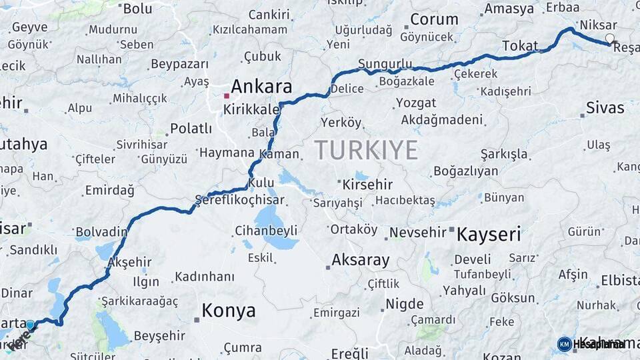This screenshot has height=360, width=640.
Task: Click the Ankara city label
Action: tap(261, 87)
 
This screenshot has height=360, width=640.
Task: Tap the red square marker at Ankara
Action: tap(227, 95)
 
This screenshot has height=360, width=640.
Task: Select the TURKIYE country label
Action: tap(366, 150)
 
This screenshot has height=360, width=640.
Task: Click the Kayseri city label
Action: tap(488, 234)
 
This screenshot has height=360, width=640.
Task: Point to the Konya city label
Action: tap(228, 311)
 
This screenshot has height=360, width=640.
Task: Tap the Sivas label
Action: tap(605, 108)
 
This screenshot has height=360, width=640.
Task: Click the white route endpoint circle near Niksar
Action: tap(609, 39)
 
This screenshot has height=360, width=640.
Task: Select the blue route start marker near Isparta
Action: tap(30, 325)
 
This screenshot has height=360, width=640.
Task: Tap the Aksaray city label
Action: tap(360, 260)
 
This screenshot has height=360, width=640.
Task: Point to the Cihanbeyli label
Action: tap(265, 231)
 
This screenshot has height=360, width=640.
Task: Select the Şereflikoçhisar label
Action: tap(239, 200)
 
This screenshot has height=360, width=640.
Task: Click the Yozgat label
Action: tap(416, 103)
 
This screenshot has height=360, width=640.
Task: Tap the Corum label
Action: tap(433, 19)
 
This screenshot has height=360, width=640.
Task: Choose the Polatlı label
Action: tap(191, 128)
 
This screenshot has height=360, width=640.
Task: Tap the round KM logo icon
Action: tap(564, 344)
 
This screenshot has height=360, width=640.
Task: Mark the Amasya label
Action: tap(509, 9)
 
